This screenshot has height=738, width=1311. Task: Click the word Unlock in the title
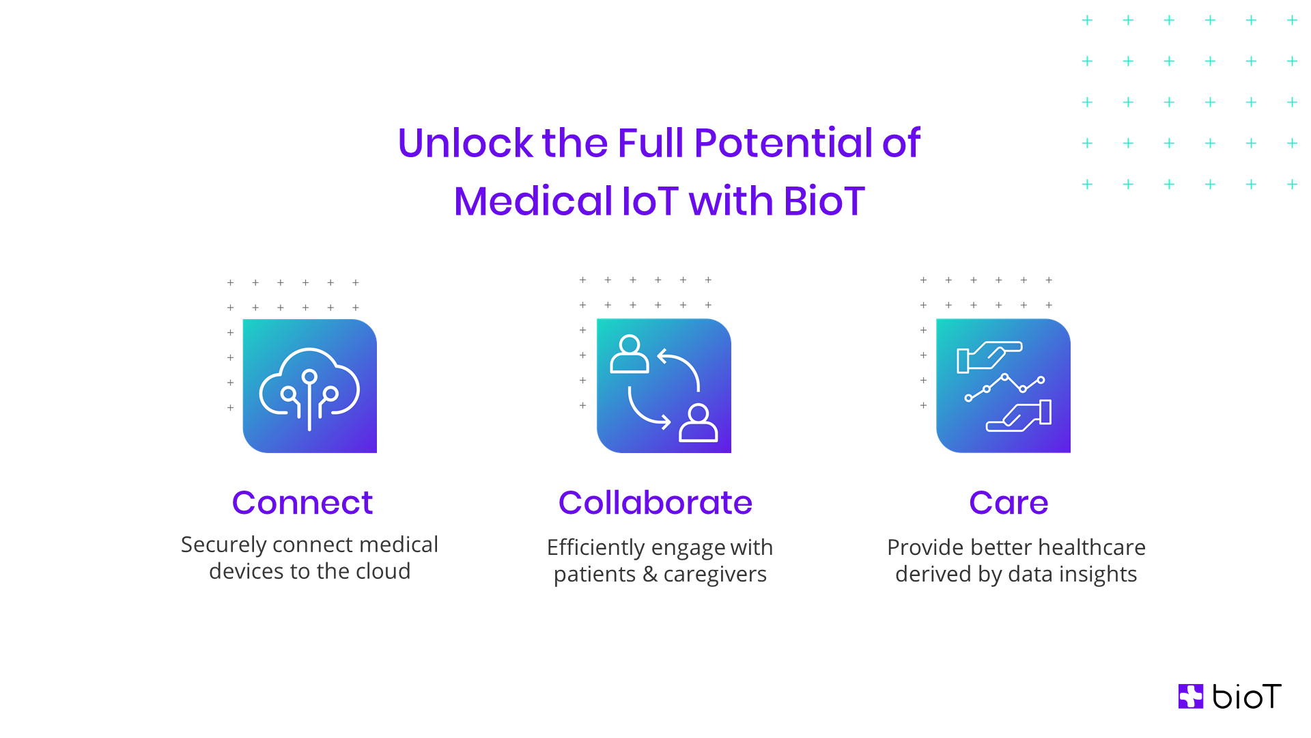coord(464,143)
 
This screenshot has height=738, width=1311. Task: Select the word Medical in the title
coord(533,202)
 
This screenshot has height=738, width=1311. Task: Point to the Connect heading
coord(302,503)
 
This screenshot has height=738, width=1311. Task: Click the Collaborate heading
coord(655,503)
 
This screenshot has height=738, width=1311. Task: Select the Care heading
coord(1008,503)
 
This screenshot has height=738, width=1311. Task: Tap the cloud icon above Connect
coord(309,386)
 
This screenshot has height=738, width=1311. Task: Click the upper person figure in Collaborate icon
coord(629,354)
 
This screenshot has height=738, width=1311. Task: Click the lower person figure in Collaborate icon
coord(698,423)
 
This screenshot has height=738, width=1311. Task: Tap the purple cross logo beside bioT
coord(1191,696)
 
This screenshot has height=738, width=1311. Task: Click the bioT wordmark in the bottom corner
coord(1246,696)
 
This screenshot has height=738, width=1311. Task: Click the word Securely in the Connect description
coord(223,545)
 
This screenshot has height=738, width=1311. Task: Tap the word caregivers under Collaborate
coord(715,575)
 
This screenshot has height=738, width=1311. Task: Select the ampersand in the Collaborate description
coord(650,575)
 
